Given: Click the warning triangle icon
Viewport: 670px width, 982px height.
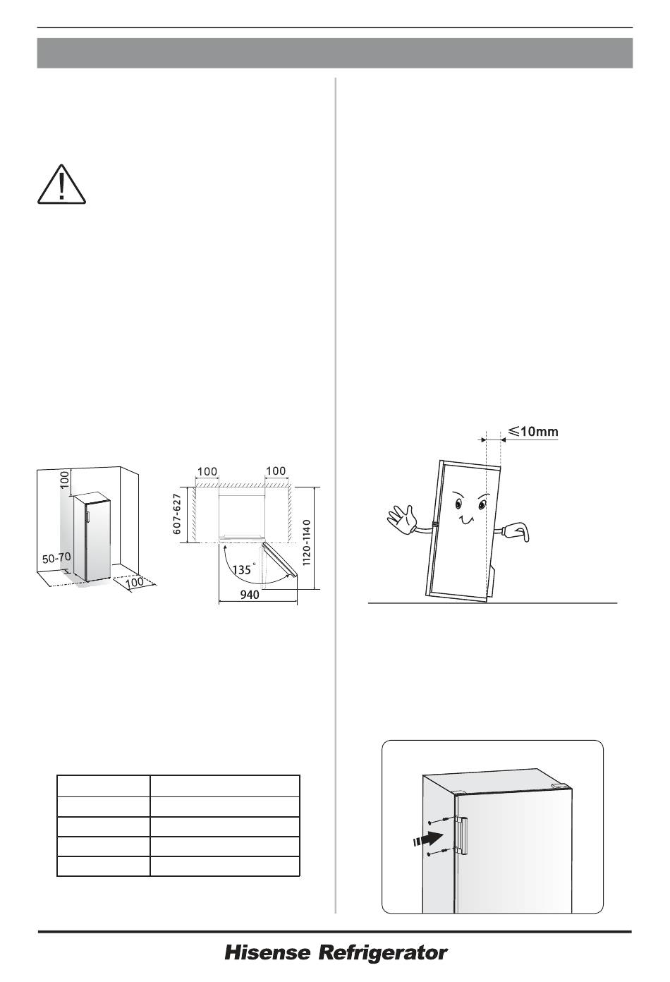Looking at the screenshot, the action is click(61, 185).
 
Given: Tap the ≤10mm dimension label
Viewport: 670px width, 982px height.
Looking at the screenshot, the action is click(533, 431).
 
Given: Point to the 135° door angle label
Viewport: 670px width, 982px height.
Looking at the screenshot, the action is click(243, 569).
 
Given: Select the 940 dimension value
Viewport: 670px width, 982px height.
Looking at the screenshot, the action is click(250, 595).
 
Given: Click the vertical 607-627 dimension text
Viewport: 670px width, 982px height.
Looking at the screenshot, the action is click(178, 514).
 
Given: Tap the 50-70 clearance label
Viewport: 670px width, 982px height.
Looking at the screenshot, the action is click(56, 559).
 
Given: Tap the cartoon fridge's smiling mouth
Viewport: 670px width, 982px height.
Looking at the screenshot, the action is click(465, 520).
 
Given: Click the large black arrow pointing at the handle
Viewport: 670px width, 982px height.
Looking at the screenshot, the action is click(427, 839).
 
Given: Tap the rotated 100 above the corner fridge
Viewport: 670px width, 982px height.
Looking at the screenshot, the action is click(65, 480).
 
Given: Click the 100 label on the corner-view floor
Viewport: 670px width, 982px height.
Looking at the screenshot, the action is click(135, 582).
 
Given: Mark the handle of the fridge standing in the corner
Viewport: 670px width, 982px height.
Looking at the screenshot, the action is click(87, 516).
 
